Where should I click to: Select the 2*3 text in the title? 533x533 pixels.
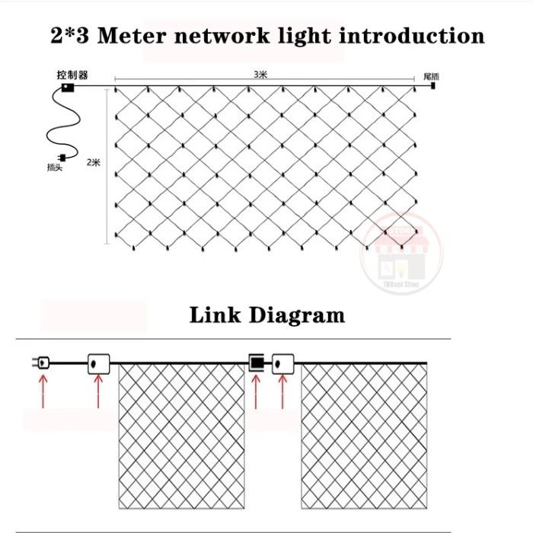click(x=72, y=36)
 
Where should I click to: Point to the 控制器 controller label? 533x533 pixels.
click(x=72, y=75)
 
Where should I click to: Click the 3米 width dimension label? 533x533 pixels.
click(x=260, y=75)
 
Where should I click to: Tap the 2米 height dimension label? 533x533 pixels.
click(x=94, y=161)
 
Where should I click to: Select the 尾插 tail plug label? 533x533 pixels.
click(x=431, y=76)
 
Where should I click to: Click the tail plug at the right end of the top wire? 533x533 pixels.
click(x=432, y=87)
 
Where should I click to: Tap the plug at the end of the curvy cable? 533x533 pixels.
click(x=65, y=158)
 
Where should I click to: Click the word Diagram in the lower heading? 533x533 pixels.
click(x=298, y=314)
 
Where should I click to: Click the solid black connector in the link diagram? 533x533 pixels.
click(x=257, y=362)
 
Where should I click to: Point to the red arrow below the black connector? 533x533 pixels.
click(x=257, y=392)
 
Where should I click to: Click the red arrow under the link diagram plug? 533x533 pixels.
click(x=43, y=392)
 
